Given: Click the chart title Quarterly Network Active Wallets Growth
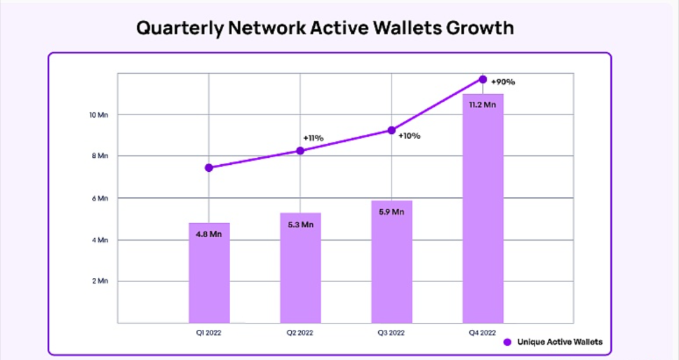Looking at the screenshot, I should [x=325, y=28].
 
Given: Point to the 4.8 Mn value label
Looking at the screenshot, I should [x=209, y=234].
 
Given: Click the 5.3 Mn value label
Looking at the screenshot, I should [x=300, y=224].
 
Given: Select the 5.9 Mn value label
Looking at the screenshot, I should [x=391, y=211].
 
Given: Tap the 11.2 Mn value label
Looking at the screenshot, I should [x=483, y=105].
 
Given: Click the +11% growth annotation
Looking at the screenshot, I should [x=313, y=138].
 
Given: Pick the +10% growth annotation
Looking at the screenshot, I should [x=409, y=135].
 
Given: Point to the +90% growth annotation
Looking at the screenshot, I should [x=504, y=81].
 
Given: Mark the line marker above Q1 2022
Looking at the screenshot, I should [x=209, y=168].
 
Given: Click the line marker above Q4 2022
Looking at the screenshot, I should [x=483, y=79].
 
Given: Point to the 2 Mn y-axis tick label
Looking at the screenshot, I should [x=100, y=281].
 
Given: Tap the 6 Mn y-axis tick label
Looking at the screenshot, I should [x=100, y=198].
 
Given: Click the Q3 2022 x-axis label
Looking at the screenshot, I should [x=391, y=333].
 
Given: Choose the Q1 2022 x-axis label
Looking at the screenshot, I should [x=209, y=333].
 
